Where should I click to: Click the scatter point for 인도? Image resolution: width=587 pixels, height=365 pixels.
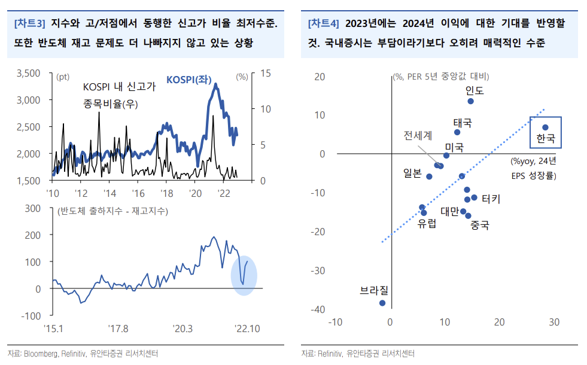(x=470, y=101)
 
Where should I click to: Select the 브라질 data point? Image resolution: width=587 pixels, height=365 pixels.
(x=382, y=303)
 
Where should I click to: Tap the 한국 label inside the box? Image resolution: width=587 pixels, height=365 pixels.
(x=546, y=139)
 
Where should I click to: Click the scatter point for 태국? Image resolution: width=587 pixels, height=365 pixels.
(x=457, y=132)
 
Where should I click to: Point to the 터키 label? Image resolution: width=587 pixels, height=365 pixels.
(x=491, y=198)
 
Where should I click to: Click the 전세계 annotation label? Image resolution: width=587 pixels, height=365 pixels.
(x=418, y=135)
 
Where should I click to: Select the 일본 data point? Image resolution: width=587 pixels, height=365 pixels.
(x=428, y=177)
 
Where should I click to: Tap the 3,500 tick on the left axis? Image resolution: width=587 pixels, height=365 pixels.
(x=28, y=73)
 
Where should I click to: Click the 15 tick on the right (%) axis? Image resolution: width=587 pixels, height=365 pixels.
(x=264, y=73)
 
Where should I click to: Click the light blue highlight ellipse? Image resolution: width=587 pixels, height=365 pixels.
(x=244, y=275)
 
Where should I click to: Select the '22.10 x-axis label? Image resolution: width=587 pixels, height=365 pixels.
(x=247, y=328)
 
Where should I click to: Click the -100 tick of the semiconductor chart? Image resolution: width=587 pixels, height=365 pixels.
(x=31, y=315)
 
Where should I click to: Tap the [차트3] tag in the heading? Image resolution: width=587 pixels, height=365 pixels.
(x=29, y=24)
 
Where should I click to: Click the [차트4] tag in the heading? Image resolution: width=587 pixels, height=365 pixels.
(x=323, y=24)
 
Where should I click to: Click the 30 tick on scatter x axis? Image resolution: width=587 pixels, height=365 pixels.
(x=553, y=322)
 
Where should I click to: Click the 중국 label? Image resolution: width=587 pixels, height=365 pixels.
(x=480, y=226)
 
